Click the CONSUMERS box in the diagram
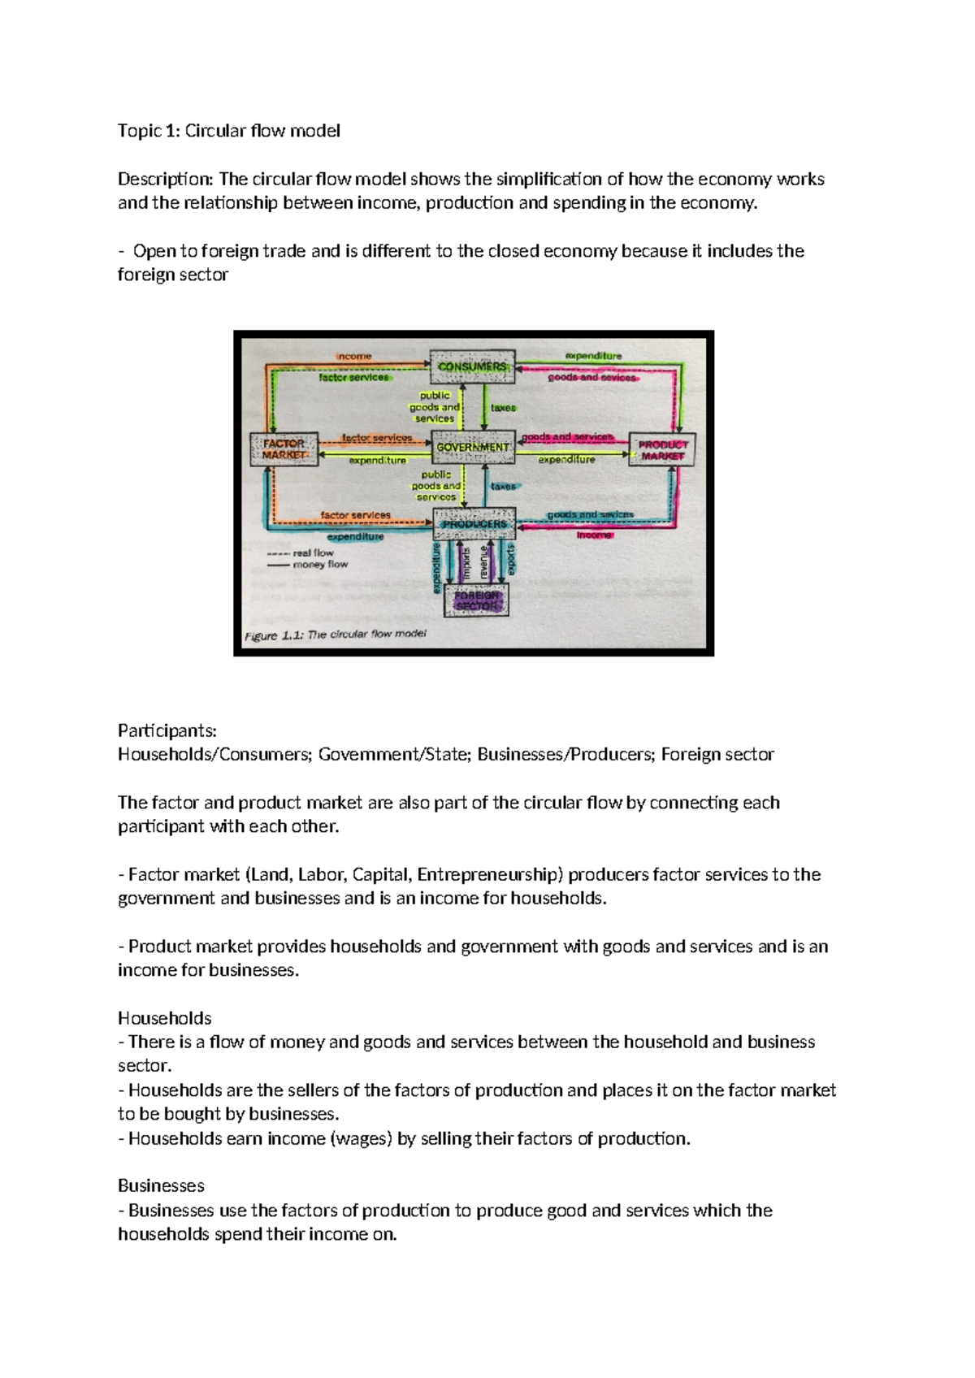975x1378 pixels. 472,366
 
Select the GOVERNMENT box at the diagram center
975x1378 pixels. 473,447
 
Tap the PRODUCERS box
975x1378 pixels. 474,524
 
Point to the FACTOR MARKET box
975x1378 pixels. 284,449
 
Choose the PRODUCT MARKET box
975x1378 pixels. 663,450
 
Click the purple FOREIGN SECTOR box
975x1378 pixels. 477,600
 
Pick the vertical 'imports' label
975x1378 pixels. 466,563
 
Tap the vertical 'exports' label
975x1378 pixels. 510,560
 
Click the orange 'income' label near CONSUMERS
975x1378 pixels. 354,356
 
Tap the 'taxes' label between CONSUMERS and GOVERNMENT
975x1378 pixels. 503,408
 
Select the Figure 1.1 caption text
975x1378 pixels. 335,635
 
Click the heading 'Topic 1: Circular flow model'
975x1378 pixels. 228,131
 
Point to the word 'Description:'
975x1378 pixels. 166,179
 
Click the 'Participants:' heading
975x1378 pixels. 167,730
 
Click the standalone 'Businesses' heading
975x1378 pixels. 161,1186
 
